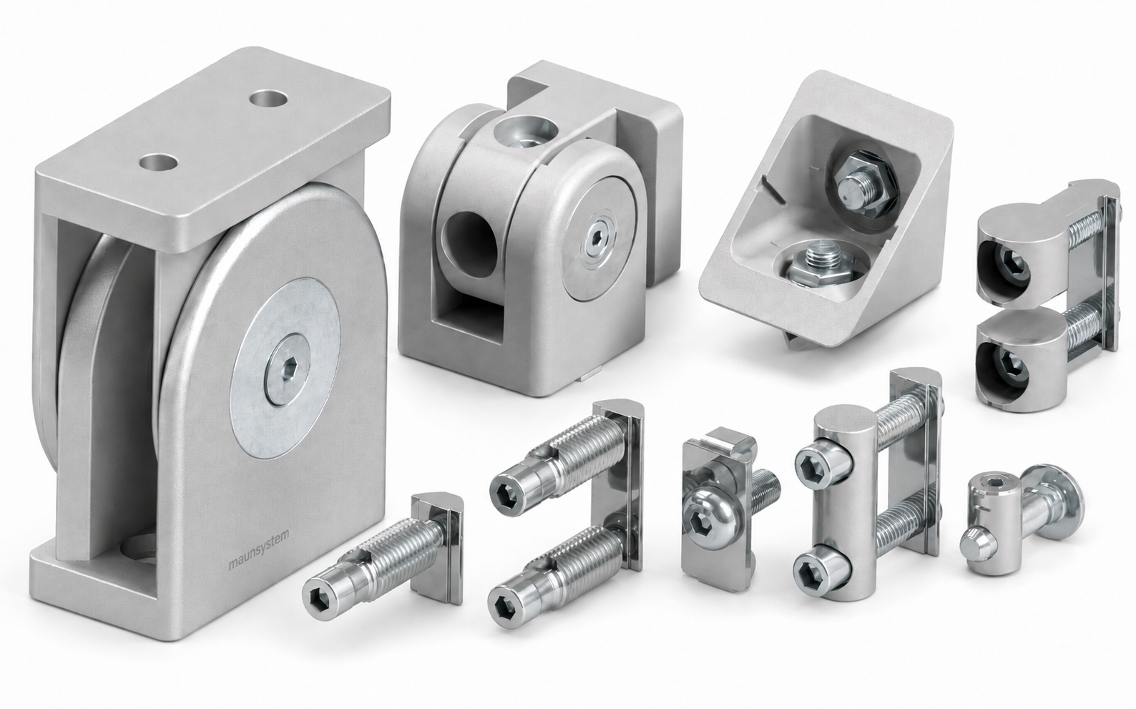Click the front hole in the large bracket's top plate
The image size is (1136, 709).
tap(159, 163)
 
